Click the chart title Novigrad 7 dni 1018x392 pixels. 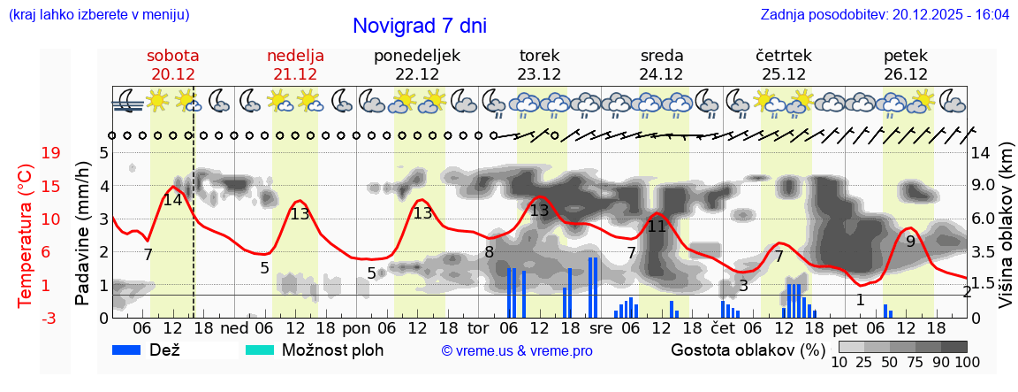coord(419,26)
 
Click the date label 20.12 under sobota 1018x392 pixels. coord(173,74)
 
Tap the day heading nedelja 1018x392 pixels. coord(295,56)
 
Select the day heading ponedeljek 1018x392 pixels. coord(417,56)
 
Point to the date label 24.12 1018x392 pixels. coord(662,74)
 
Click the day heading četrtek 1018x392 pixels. coord(784,56)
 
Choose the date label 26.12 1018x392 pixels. coord(906,74)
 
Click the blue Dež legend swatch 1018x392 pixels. coord(133,350)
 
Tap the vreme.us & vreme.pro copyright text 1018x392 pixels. coord(517,350)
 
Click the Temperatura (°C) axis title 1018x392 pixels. coord(26,234)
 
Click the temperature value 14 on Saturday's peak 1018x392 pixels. coord(172,200)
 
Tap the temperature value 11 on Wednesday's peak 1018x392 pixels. coord(656,226)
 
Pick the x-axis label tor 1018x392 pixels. coord(478,327)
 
